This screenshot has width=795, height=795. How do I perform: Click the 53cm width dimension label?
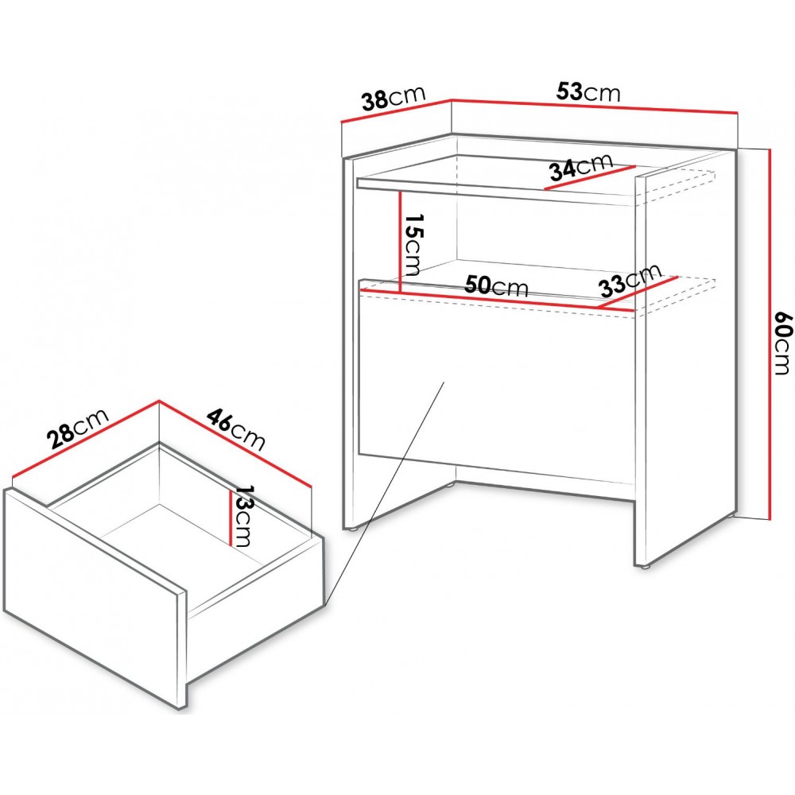click(x=588, y=92)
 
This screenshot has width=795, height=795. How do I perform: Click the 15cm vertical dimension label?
click(x=413, y=244)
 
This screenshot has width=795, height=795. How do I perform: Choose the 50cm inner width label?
click(x=497, y=286)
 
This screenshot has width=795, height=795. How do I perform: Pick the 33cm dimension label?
click(x=630, y=281)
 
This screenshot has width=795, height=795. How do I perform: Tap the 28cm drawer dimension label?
click(x=77, y=429)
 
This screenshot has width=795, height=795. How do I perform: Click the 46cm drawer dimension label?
click(x=236, y=430)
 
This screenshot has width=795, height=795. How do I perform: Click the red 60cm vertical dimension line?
click(x=770, y=333)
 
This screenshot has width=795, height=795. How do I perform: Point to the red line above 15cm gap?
click(x=401, y=241)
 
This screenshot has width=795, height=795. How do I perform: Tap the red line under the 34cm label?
click(x=590, y=177)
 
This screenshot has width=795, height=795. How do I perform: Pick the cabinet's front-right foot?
click(x=644, y=568)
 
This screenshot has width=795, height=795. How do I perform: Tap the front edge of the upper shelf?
click(x=496, y=193)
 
